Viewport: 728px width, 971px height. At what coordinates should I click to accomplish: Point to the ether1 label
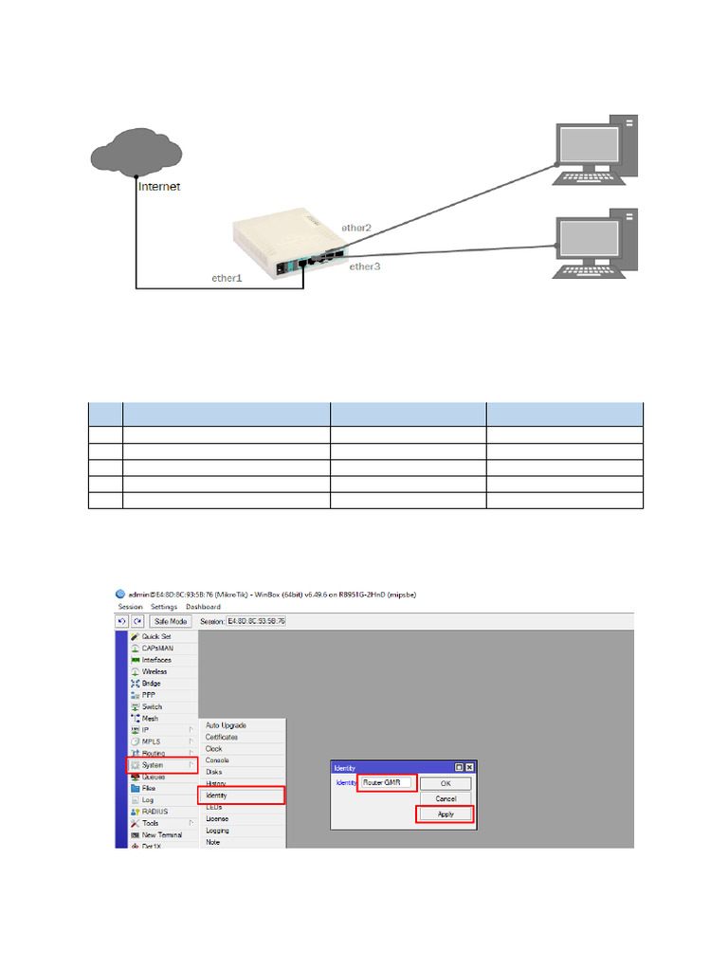pyautogui.click(x=227, y=278)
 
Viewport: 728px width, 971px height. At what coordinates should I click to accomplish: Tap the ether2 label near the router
pyautogui.click(x=356, y=229)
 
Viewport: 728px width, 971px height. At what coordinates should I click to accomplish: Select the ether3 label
pyautogui.click(x=364, y=266)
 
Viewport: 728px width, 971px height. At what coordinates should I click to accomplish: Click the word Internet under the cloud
pyautogui.click(x=159, y=187)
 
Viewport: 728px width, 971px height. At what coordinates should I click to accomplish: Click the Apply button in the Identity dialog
pyautogui.click(x=446, y=814)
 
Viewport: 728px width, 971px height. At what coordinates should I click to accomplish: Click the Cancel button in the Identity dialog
pyautogui.click(x=446, y=798)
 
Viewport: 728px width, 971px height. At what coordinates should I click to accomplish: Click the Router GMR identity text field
pyautogui.click(x=387, y=783)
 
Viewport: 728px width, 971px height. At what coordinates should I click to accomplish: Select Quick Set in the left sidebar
pyautogui.click(x=155, y=636)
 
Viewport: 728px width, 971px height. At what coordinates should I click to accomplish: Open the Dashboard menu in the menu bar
pyautogui.click(x=203, y=607)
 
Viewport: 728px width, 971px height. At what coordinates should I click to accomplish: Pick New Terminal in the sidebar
pyautogui.click(x=162, y=834)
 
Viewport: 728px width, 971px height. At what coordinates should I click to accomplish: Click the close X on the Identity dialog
pyautogui.click(x=468, y=766)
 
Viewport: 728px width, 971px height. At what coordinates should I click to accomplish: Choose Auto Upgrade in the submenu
pyautogui.click(x=226, y=725)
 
